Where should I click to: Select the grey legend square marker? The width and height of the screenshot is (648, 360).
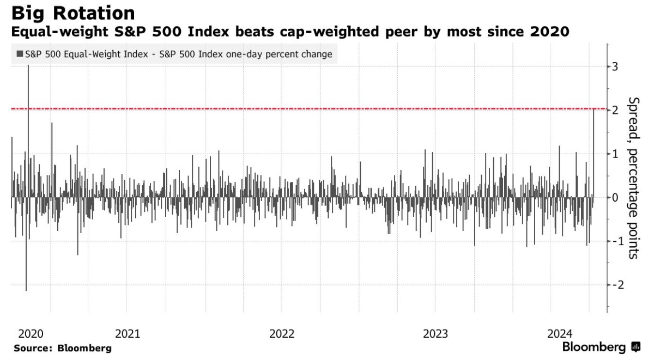[20, 54]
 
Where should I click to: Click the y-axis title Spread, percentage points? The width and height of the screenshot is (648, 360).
[633, 178]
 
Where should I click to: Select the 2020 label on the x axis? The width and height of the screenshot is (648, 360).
[30, 333]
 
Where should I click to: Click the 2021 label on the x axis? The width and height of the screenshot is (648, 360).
[126, 333]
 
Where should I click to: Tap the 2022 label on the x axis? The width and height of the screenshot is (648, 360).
[281, 333]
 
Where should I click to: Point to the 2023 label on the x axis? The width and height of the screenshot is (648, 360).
[435, 333]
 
